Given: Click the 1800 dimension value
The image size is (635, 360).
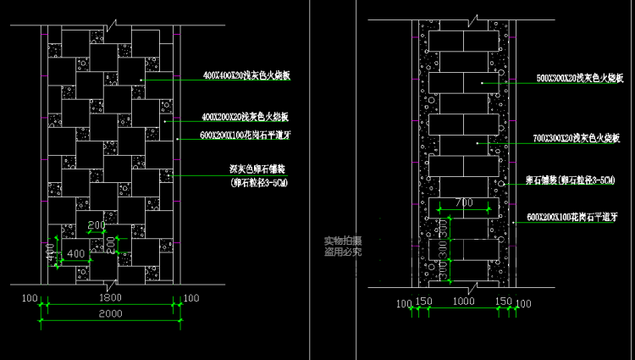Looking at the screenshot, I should pos(111,299).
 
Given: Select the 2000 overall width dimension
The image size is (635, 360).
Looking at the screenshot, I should pos(111,313).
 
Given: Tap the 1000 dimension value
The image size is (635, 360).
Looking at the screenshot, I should pos(464,302).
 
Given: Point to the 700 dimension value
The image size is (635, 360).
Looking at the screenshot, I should pos(464,202).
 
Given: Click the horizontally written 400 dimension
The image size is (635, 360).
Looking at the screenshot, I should pos(76,253).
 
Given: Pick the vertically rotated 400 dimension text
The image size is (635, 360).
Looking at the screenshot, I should pos(51,251).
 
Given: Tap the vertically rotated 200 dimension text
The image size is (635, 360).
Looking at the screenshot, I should pos(110,243).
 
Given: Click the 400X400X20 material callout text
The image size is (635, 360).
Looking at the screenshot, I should pos(246,76).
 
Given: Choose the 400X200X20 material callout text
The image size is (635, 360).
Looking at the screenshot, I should pos(246,116).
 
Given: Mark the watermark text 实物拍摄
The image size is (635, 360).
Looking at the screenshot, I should pos(343,241).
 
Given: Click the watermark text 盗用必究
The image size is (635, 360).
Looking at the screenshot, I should pos(343,252).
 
